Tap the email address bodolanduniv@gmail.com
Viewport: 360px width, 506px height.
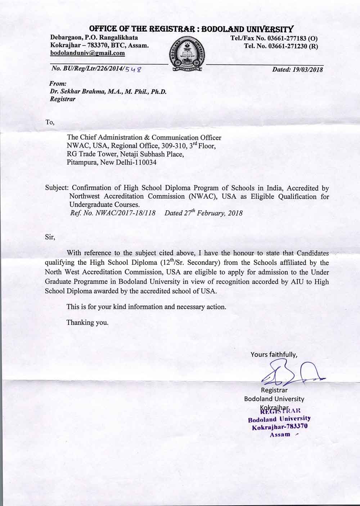[87, 53]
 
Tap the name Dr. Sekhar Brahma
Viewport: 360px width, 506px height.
[76, 91]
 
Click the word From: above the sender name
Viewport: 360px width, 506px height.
[57, 84]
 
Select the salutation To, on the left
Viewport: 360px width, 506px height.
[50, 122]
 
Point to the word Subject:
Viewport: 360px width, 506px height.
[57, 188]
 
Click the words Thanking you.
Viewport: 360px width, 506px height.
[87, 322]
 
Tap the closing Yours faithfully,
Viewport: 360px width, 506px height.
[274, 354]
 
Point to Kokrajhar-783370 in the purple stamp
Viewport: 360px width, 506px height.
[279, 427]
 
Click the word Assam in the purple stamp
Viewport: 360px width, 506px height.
[280, 434]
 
